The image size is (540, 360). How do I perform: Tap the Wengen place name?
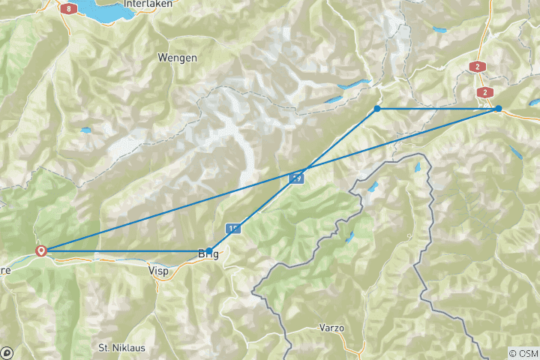pyautogui.click(x=178, y=58)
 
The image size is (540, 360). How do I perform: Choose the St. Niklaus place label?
pyautogui.click(x=122, y=348)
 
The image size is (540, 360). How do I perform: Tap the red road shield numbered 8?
pyautogui.click(x=70, y=8)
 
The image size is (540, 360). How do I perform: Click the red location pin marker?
pyautogui.click(x=42, y=251)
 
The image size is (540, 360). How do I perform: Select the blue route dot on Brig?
pyautogui.click(x=209, y=251)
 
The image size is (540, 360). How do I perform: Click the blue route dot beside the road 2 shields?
pyautogui.click(x=498, y=109)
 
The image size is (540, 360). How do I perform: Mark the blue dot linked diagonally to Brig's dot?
pyautogui.click(x=377, y=109)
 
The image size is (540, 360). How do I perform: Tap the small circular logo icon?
pyautogui.click(x=7, y=352)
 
